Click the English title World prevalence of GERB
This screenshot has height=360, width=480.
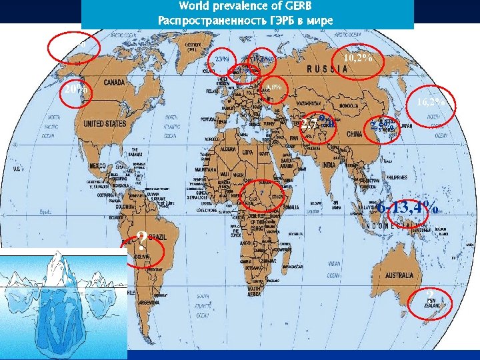pos(247,7)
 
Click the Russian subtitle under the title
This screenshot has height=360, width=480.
pos(247,21)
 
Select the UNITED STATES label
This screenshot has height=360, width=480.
pos(105,123)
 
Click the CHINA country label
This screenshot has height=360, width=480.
pos(355,134)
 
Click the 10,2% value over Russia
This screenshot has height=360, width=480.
pos(357,59)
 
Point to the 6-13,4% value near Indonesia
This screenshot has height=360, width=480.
pos(407,208)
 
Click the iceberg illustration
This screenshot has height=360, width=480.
pos(63,300)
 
